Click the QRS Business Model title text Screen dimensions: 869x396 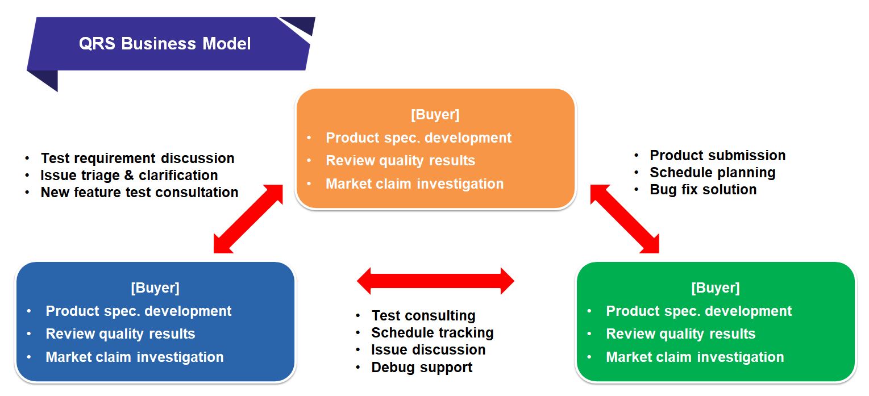click(x=165, y=43)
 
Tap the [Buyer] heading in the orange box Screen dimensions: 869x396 click(x=435, y=114)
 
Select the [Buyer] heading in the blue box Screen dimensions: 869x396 click(x=155, y=288)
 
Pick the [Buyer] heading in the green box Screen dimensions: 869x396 click(x=716, y=288)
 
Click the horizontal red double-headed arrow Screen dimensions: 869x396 click(x=435, y=281)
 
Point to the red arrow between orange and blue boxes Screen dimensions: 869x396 click(x=248, y=219)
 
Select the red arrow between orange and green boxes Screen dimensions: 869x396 click(x=625, y=219)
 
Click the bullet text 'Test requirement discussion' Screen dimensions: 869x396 click(x=138, y=159)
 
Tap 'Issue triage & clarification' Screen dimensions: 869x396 click(x=129, y=176)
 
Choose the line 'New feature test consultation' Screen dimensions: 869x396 click(x=140, y=193)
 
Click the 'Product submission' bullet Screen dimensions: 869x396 click(x=718, y=156)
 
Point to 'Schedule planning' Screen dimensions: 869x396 click(x=713, y=173)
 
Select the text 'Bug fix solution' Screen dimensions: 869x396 click(x=704, y=190)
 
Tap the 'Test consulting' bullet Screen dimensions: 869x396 click(x=423, y=316)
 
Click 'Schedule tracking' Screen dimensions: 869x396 click(x=433, y=333)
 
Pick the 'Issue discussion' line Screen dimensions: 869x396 click(x=429, y=350)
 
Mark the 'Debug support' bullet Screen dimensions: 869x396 click(x=422, y=367)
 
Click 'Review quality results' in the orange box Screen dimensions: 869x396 click(x=400, y=161)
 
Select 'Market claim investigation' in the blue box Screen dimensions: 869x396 click(x=135, y=357)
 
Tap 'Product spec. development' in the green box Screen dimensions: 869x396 click(x=698, y=311)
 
